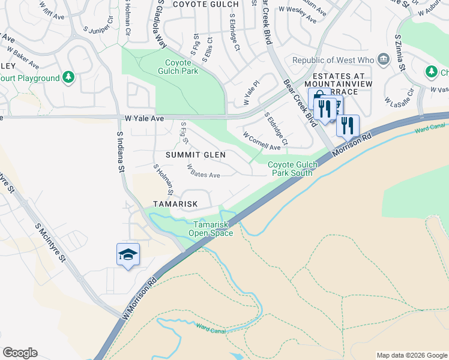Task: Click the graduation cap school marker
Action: (x=128, y=254)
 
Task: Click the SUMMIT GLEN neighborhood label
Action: (x=196, y=155)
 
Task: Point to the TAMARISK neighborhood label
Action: (x=175, y=204)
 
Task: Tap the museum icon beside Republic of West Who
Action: (x=383, y=60)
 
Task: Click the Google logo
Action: (x=20, y=352)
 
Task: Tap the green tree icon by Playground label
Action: (x=68, y=78)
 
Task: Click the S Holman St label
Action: (x=164, y=180)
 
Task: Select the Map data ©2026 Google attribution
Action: (x=411, y=355)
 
